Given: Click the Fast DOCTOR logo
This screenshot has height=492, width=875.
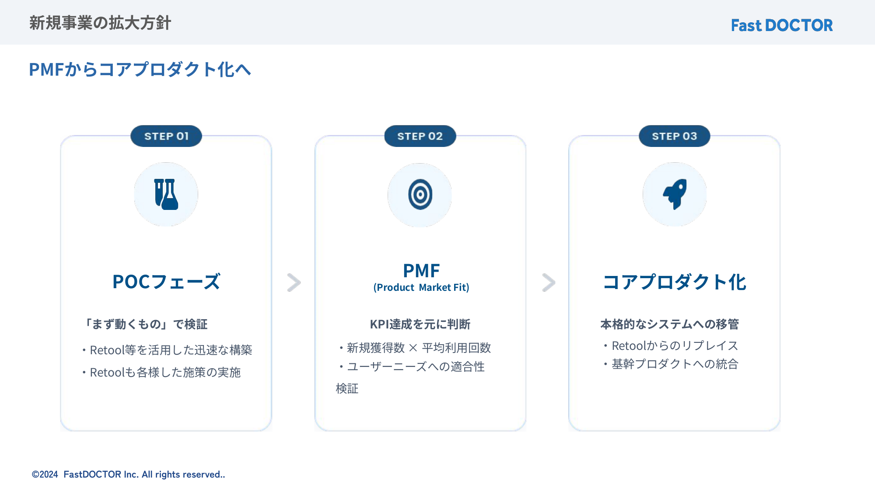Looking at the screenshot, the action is point(782,25).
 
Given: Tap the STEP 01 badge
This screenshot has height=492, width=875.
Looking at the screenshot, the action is point(166,136).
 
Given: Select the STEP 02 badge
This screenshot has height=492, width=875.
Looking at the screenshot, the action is point(420,136).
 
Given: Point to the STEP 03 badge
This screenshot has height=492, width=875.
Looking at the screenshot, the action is point(674,136).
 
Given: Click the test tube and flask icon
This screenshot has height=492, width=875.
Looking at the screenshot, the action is point(166,194).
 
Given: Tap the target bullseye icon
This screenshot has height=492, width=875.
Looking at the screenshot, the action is point(420,195).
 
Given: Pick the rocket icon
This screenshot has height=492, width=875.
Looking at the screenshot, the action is point(675,194).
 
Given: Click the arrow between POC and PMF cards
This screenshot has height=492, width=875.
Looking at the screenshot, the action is point(294,283).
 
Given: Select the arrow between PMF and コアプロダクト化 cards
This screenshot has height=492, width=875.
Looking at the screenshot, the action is point(549,283).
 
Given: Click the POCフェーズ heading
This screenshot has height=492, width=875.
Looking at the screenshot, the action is point(166,282).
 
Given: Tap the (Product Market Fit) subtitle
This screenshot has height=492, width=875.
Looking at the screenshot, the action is point(421,287).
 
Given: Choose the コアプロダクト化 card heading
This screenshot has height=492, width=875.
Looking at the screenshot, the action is point(675,282).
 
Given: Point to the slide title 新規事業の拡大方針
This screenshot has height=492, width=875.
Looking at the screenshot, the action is point(100,23).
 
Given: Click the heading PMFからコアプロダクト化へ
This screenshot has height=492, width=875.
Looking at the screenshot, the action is point(140,70).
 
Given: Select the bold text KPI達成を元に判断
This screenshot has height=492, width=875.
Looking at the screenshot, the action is point(420,324).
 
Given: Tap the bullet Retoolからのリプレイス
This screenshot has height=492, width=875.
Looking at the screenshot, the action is point(671,345).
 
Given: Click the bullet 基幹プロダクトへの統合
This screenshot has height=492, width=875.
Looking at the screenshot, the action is point(671,364).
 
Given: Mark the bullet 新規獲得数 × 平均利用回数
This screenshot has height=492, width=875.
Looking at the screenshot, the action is point(415,348).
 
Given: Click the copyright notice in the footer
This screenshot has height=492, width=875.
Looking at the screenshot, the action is point(128,475).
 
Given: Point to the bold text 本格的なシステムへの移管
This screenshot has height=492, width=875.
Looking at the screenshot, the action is point(669,324).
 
